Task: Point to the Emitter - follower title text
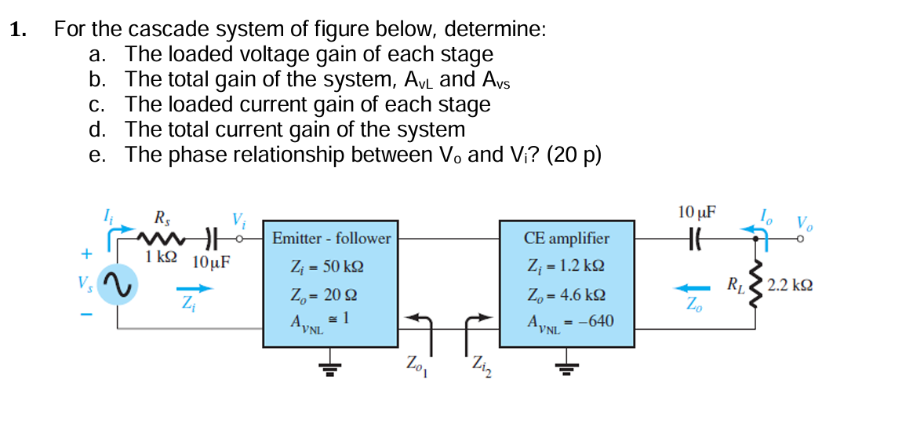pyautogui.click(x=331, y=238)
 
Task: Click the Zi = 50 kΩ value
pyautogui.click(x=327, y=267)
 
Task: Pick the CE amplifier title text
pyautogui.click(x=566, y=238)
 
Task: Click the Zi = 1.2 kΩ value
pyautogui.click(x=566, y=267)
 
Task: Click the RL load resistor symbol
pyautogui.click(x=755, y=283)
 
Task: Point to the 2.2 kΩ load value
pyautogui.click(x=790, y=283)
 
